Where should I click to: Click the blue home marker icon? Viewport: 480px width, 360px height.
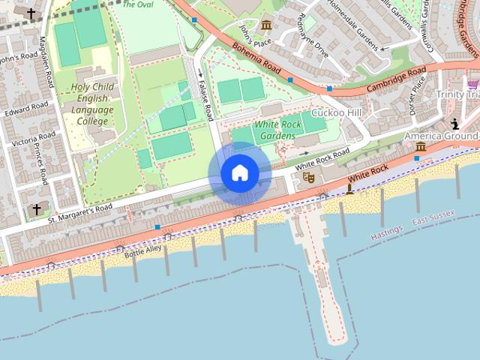[x=239, y=173]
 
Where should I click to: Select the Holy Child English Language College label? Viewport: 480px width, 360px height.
[x=93, y=103]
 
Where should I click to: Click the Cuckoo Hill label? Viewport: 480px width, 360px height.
[x=336, y=112]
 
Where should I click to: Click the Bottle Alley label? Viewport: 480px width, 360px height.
[x=142, y=250]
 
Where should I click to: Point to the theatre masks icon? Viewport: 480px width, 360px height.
[x=307, y=178]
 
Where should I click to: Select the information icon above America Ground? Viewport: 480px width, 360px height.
[x=454, y=124]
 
